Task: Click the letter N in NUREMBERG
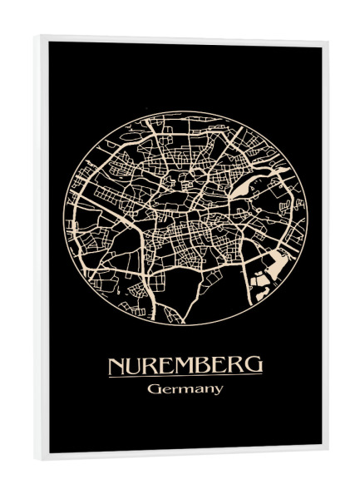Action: pos(117,365)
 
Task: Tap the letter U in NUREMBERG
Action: pos(136,365)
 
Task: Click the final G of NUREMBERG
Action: pos(254,365)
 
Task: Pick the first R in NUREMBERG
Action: pos(152,365)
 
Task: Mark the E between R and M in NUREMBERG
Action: pos(166,365)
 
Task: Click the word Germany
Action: pos(185,389)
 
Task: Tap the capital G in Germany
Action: pos(154,388)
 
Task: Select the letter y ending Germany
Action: pos(218,391)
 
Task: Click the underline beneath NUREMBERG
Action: pos(185,376)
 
